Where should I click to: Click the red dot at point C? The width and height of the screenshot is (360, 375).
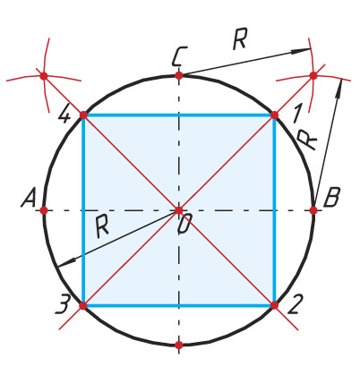tap(179, 75)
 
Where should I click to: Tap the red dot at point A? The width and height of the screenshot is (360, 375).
tap(44, 210)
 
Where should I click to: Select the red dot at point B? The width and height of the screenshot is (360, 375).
tap(313, 210)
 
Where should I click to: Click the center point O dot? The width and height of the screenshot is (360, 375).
tap(179, 210)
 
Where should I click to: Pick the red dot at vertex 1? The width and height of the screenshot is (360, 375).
tap(274, 115)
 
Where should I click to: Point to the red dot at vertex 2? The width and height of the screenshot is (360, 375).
tap(274, 305)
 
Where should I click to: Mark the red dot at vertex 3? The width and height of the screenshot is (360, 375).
tap(83, 305)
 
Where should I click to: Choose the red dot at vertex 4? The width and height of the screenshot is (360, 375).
tap(83, 115)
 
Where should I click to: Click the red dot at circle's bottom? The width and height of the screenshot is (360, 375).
tap(179, 345)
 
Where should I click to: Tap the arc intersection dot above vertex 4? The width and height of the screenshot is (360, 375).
tap(44, 76)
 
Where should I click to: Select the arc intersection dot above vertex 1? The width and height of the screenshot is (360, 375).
tap(313, 75)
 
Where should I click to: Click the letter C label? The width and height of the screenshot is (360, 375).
tap(180, 56)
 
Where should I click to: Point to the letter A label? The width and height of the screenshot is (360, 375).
tap(29, 198)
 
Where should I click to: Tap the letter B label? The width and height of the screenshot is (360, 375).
tap(331, 198)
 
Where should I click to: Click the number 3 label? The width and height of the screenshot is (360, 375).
tap(63, 304)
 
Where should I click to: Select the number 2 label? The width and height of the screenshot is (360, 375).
tap(296, 304)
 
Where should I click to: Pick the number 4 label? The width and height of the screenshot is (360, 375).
tap(64, 114)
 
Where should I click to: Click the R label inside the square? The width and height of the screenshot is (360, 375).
tap(102, 226)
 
